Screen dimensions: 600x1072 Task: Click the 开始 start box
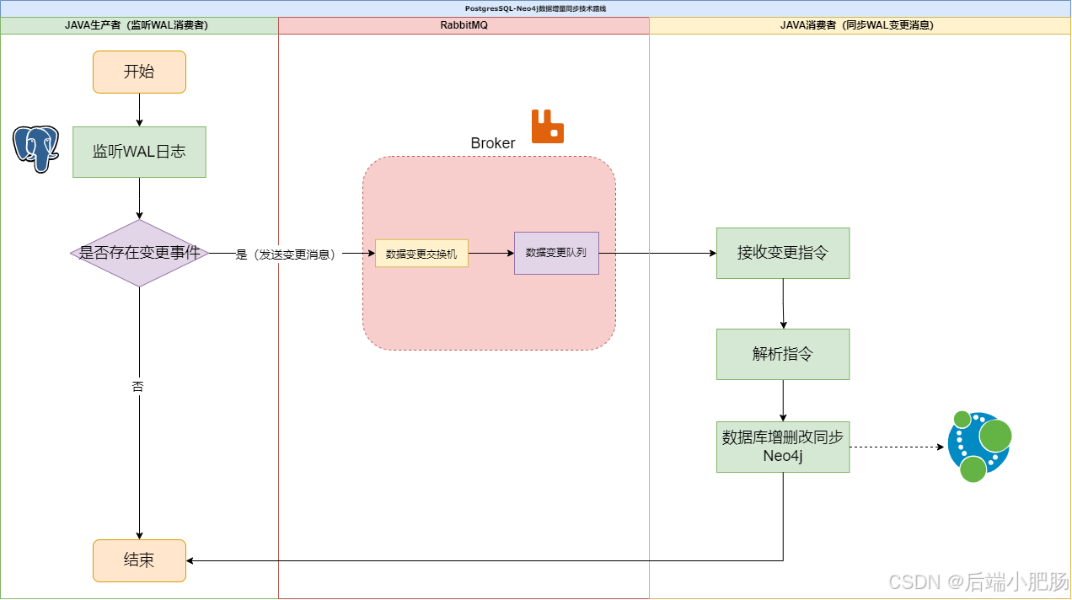click(x=139, y=72)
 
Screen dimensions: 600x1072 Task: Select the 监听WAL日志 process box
click(x=139, y=152)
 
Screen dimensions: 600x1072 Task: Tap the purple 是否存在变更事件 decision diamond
click(x=139, y=253)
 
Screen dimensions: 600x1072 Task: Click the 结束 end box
click(x=139, y=560)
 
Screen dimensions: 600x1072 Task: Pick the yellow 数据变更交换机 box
click(x=421, y=253)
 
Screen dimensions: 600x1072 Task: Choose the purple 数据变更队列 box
click(x=556, y=253)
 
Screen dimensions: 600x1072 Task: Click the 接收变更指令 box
click(x=783, y=253)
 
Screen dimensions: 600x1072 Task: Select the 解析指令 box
click(x=783, y=354)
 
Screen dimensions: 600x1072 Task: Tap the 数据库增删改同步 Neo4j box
click(x=783, y=447)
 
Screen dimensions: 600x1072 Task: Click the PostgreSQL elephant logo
click(x=35, y=148)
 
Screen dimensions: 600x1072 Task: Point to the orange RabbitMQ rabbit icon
click(x=547, y=126)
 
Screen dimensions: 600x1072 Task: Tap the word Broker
click(x=492, y=143)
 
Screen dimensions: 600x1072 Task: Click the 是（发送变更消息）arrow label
click(x=286, y=254)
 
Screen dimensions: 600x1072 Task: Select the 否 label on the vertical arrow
click(x=138, y=387)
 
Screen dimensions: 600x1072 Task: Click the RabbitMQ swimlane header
click(x=464, y=25)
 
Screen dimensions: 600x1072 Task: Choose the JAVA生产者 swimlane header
click(x=139, y=25)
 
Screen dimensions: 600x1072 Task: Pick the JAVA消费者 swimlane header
click(x=860, y=25)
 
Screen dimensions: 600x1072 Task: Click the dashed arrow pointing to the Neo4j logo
click(x=897, y=447)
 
